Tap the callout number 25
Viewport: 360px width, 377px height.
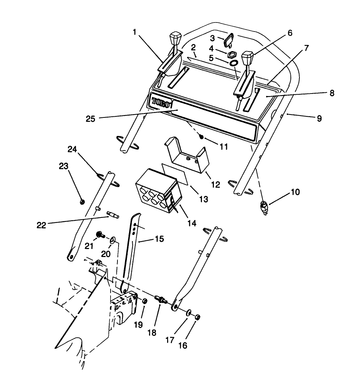click(91, 119)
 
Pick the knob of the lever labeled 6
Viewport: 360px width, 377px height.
click(247, 57)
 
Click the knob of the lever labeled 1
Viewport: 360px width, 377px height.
click(175, 38)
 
